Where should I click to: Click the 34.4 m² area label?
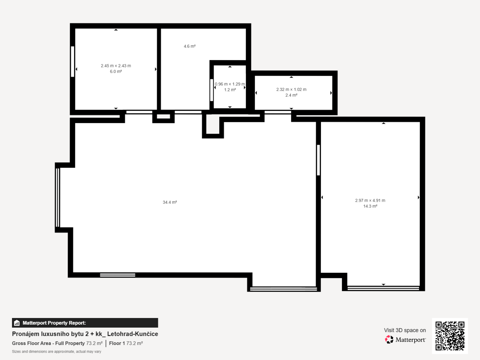click(x=170, y=202)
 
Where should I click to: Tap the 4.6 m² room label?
click(x=190, y=46)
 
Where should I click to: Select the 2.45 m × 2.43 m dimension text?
click(x=116, y=66)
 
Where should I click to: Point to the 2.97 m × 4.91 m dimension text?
click(x=370, y=200)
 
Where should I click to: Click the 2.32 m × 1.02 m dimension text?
click(x=291, y=89)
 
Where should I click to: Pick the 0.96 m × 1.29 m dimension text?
click(x=230, y=84)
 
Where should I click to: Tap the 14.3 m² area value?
click(x=370, y=206)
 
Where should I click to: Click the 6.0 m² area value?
click(x=116, y=71)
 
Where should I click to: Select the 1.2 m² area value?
click(x=230, y=90)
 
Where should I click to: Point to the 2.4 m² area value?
click(x=291, y=95)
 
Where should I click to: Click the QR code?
click(x=450, y=336)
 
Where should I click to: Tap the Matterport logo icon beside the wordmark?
click(x=389, y=339)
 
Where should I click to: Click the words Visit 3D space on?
click(x=405, y=330)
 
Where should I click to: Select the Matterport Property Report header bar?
click(x=85, y=323)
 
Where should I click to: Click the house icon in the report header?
click(x=17, y=323)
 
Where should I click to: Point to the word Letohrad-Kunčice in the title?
click(x=133, y=334)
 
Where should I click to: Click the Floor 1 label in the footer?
click(x=117, y=343)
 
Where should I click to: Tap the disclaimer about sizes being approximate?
click(x=56, y=351)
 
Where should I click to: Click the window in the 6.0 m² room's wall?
click(x=73, y=61)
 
